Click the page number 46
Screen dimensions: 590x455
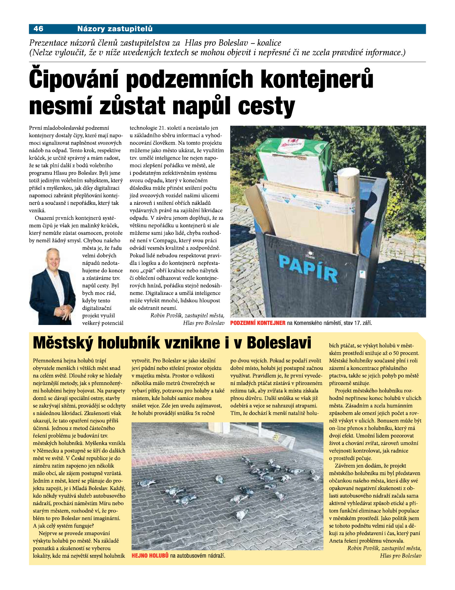click(38, 29)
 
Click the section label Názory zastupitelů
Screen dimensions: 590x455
click(115, 29)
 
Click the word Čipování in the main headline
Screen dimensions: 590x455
click(76, 80)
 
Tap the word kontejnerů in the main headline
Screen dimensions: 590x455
click(317, 80)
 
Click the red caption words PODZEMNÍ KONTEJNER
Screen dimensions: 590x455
click(258, 323)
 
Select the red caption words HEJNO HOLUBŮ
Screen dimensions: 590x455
click(150, 556)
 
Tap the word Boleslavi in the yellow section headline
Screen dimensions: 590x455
click(279, 343)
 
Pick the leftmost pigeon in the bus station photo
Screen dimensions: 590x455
click(146, 483)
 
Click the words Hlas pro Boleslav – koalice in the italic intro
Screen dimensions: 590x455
click(233, 43)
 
